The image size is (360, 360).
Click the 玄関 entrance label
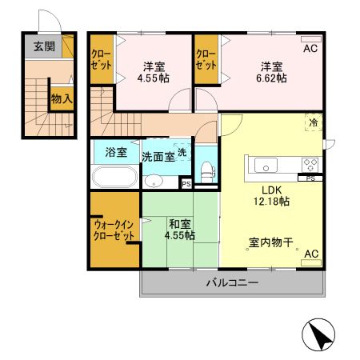click(44, 46)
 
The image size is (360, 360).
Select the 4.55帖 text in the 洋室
click(154, 78)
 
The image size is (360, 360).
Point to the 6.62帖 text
click(270, 78)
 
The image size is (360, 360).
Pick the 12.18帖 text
click(270, 202)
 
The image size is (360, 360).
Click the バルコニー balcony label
click(231, 282)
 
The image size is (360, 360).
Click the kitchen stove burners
click(310, 165)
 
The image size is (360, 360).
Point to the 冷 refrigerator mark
click(314, 123)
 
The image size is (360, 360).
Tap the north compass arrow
click(319, 336)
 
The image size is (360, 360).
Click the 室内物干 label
click(270, 240)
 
